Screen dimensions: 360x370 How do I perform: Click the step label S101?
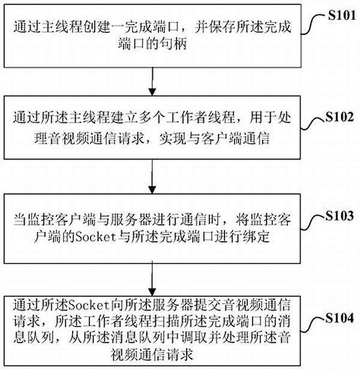pyautogui.click(x=341, y=16)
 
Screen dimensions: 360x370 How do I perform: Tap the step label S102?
pyautogui.click(x=340, y=116)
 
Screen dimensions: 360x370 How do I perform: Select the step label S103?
pyautogui.click(x=340, y=215)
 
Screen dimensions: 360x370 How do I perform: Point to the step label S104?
pyautogui.click(x=340, y=318)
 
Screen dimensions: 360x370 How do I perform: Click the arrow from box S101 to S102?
pyautogui.click(x=152, y=82)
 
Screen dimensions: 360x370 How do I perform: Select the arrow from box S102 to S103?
pyautogui.click(x=152, y=177)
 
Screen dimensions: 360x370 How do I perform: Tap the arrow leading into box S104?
pyautogui.click(x=152, y=278)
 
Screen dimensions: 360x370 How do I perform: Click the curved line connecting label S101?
pyautogui.click(x=314, y=24)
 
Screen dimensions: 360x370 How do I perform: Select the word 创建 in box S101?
pyautogui.click(x=97, y=26)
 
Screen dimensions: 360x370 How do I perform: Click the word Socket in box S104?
pyautogui.click(x=88, y=305)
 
